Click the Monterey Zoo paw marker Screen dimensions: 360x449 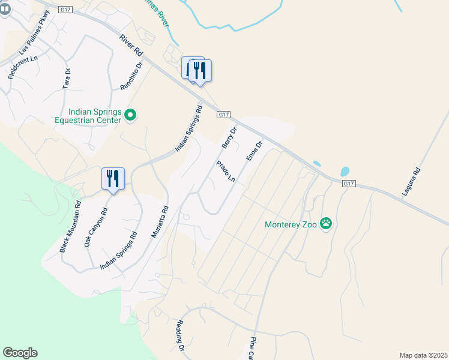(326, 223)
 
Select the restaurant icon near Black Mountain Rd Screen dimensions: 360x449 (113, 179)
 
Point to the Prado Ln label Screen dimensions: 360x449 (226, 172)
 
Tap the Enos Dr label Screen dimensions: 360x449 (255, 151)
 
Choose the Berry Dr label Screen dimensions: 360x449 (229, 137)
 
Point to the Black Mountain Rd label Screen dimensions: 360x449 (70, 226)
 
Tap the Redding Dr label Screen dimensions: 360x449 (179, 335)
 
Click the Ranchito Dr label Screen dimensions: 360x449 (131, 76)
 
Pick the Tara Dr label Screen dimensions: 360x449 (67, 79)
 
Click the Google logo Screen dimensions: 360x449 (20, 353)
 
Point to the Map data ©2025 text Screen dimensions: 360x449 (423, 355)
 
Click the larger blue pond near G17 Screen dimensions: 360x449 (345, 172)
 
